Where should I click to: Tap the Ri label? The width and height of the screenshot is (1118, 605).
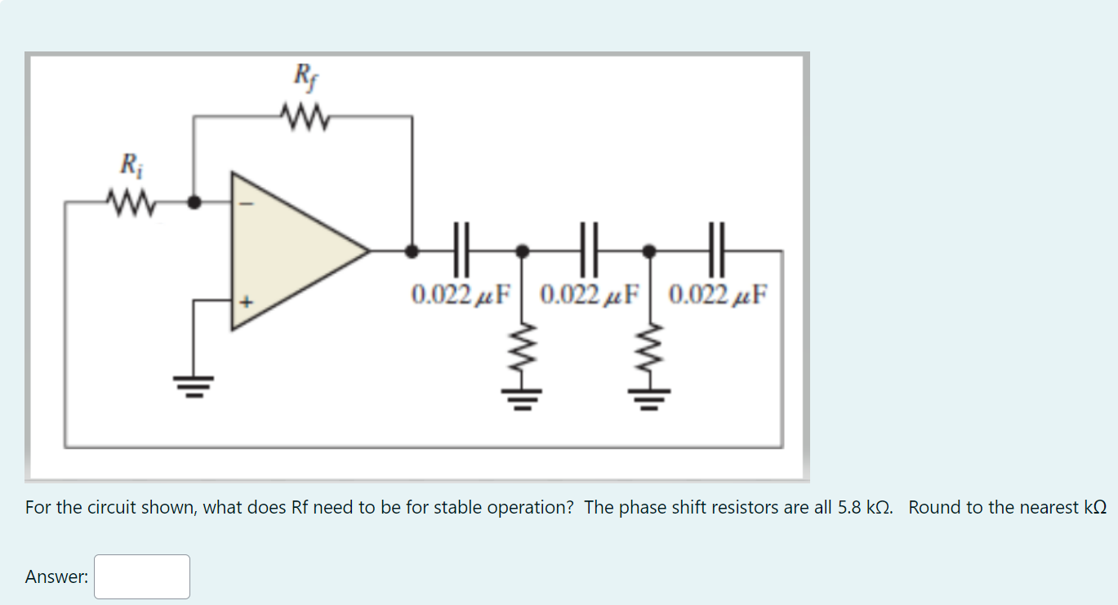[130, 164]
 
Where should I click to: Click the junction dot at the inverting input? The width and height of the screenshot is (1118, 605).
[194, 202]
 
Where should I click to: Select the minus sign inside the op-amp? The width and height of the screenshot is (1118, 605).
[251, 206]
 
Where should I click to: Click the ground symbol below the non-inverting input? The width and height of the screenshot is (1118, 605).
[194, 382]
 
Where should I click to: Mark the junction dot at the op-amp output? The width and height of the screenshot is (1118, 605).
[412, 250]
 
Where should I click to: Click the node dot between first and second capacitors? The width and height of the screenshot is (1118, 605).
[523, 250]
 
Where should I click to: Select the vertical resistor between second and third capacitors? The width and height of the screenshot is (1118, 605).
[650, 351]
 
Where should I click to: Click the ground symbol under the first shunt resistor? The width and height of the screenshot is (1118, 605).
[523, 398]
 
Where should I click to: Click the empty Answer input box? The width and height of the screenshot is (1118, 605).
[142, 576]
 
